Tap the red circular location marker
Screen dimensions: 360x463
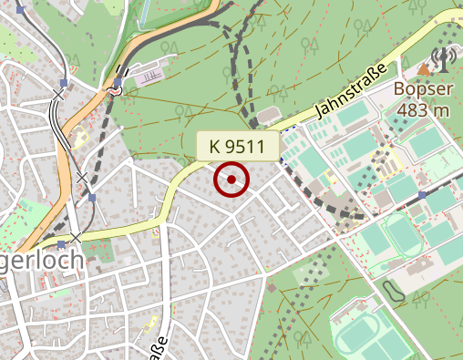pyautogui.click(x=231, y=180)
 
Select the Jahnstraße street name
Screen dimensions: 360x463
pyautogui.click(x=351, y=90)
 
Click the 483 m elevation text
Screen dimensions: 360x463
pyautogui.click(x=424, y=110)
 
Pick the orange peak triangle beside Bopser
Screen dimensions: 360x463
pyautogui.click(x=425, y=69)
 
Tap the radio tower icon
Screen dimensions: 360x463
pyautogui.click(x=444, y=60)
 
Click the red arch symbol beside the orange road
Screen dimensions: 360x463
pyautogui.click(x=116, y=90)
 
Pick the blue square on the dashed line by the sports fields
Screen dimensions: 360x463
pyautogui.click(x=424, y=195)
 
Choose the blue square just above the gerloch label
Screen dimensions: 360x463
pyautogui.click(x=61, y=244)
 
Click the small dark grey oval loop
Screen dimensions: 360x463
pyautogui.click(x=394, y=293)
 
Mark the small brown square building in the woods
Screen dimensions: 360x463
pyautogui.click(x=270, y=289)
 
